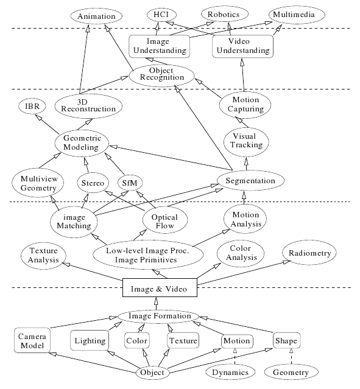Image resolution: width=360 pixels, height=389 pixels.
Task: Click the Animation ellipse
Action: pos(96,16)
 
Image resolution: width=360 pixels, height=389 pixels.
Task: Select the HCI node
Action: pos(161,15)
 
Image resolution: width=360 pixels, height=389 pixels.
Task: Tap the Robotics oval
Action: pos(224,15)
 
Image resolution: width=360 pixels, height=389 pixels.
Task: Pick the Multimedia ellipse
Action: pos(297,15)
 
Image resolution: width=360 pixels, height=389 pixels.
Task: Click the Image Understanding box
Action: pos(160,46)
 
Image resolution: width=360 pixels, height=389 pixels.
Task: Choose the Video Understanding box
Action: pos(243,46)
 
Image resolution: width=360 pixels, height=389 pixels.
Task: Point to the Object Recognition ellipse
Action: pos(162,75)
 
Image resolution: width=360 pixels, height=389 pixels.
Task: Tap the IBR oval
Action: pos(32,106)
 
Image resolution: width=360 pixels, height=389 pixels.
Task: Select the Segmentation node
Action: pos(250,180)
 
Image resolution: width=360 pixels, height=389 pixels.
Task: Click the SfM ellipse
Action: pos(130,183)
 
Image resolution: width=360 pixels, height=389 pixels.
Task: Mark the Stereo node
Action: pos(93,183)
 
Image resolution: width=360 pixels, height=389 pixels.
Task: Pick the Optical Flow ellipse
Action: pos(165,220)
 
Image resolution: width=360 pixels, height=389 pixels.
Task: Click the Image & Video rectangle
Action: pos(160,287)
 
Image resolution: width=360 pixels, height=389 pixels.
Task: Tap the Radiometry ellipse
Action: pos(309,253)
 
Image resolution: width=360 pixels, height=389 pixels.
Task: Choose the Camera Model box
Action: pos(32,340)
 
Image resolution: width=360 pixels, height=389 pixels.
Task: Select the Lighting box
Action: pos(90,340)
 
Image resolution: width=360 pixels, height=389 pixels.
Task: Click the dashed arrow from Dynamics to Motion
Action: pos(235,356)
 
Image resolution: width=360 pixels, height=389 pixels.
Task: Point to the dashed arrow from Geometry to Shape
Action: pos(291,356)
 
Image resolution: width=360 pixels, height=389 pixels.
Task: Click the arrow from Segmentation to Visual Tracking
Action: pos(246,164)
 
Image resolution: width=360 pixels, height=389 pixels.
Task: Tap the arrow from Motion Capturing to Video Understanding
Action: pos(243,75)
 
